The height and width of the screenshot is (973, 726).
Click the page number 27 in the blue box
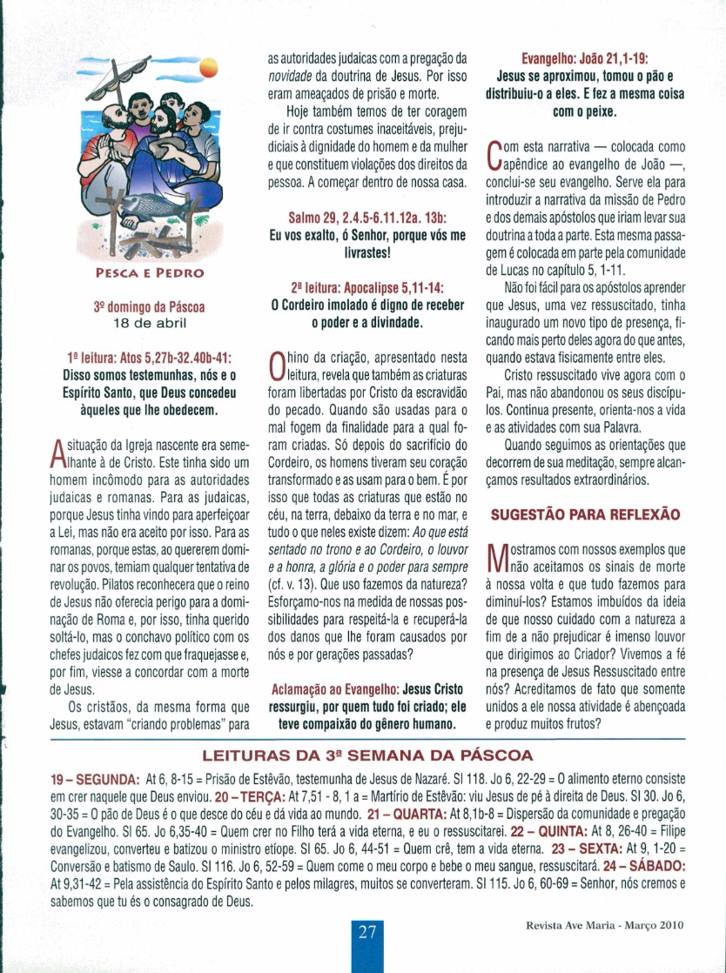[x=366, y=932]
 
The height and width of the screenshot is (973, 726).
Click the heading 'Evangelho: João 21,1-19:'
[x=584, y=60]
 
